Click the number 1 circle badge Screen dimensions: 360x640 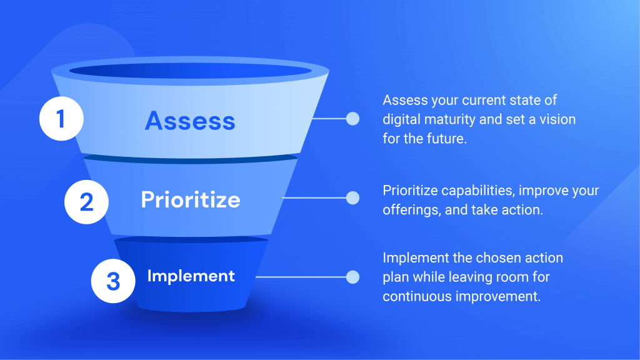tap(61, 119)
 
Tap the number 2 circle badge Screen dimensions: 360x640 tap(87, 201)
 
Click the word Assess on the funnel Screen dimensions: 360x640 tap(190, 120)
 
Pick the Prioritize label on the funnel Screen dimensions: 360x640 tap(191, 199)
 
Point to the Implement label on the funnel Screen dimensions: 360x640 tap(191, 276)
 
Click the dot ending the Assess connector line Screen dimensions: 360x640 tap(352, 119)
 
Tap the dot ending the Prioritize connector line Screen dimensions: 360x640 tap(352, 198)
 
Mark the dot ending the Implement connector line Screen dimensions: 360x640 tap(352, 276)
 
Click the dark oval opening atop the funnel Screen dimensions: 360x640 tap(190, 71)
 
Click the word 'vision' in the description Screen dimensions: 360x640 tap(555, 119)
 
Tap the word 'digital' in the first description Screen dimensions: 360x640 tap(402, 119)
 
